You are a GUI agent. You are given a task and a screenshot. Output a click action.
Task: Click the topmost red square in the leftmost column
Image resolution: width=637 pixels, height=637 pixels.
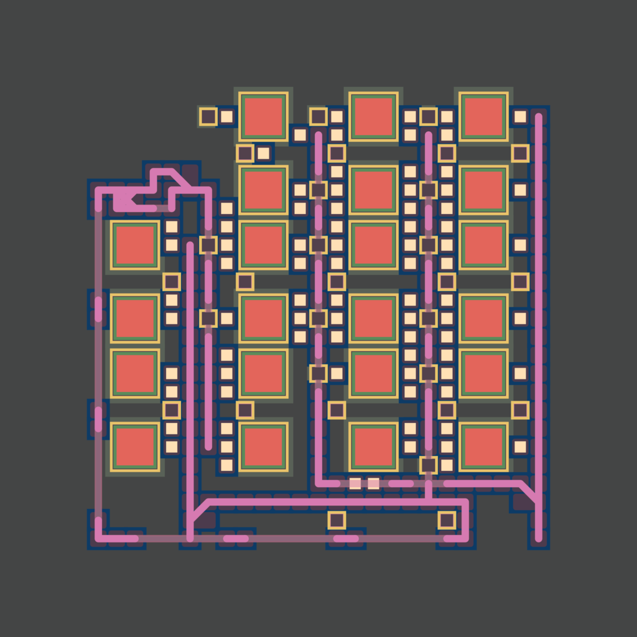(135, 245)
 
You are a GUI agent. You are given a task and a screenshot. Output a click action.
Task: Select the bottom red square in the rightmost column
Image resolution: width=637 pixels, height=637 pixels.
(483, 447)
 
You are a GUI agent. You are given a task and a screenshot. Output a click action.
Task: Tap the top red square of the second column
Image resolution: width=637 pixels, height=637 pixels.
(264, 116)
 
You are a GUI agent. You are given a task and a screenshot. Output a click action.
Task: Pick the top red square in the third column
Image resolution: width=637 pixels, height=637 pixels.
(373, 116)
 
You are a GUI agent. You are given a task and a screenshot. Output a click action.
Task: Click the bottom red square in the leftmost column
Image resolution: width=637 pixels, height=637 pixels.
(135, 447)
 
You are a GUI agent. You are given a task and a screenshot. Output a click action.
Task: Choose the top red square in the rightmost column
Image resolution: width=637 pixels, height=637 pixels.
(483, 116)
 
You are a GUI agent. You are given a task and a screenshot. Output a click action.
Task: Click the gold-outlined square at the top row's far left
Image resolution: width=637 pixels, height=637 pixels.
(208, 116)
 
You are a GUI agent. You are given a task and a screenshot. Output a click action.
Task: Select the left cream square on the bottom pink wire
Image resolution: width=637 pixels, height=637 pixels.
(355, 483)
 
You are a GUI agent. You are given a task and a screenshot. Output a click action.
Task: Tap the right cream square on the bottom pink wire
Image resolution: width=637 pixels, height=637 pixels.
(373, 483)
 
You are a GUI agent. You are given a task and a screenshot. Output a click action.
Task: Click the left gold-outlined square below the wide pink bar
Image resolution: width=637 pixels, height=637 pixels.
(337, 520)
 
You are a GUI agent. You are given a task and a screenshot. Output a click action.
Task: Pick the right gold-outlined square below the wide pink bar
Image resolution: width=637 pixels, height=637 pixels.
(447, 520)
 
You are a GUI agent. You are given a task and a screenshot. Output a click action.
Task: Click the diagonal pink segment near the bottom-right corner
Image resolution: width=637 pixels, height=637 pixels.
(529, 491)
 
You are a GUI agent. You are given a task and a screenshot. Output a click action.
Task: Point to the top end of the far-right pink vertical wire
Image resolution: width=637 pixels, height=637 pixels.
(538, 116)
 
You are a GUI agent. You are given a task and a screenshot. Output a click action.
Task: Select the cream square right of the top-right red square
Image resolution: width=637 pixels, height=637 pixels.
(520, 116)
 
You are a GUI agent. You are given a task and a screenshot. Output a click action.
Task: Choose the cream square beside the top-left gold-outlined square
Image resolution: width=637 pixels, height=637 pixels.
(226, 116)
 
